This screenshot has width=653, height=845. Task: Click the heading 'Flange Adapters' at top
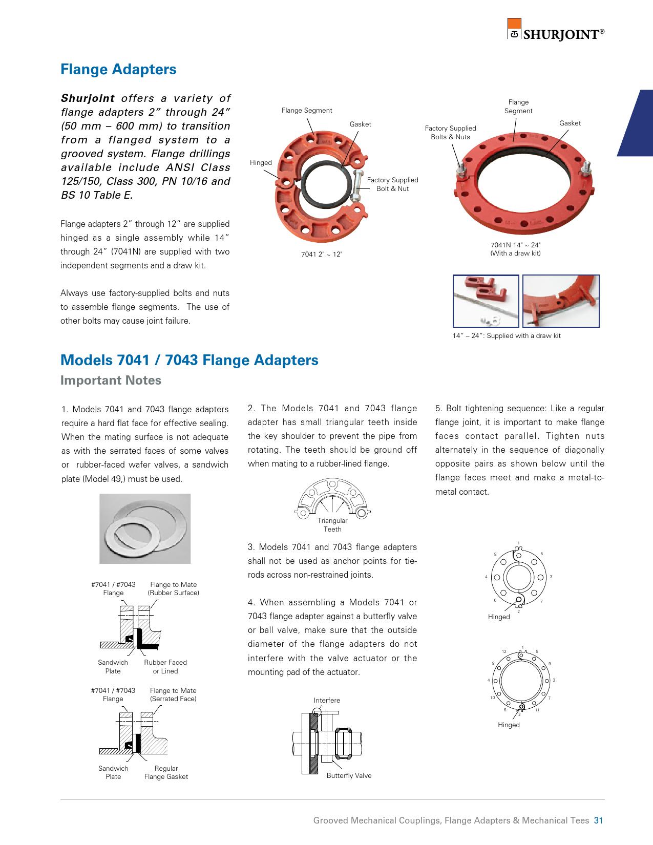click(118, 70)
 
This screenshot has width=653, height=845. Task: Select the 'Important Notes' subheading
click(111, 381)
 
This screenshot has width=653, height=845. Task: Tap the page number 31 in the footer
click(598, 820)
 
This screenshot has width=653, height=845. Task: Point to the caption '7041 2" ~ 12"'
click(321, 254)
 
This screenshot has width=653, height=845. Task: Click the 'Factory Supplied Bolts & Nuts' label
click(450, 133)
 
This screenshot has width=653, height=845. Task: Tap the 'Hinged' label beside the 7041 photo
click(261, 163)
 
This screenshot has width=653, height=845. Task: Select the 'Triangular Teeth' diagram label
click(332, 525)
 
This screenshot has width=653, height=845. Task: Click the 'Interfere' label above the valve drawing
click(327, 700)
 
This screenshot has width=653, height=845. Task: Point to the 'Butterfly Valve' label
click(349, 775)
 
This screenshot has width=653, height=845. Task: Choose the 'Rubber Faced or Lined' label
click(165, 667)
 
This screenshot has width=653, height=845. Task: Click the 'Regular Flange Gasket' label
click(166, 772)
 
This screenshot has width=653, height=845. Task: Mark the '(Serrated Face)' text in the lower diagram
click(173, 699)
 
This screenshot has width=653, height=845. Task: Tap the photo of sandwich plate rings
click(145, 529)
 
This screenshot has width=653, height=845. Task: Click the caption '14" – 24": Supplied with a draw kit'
click(507, 336)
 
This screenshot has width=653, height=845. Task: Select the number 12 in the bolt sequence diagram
click(504, 651)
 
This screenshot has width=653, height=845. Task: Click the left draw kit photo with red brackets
click(486, 301)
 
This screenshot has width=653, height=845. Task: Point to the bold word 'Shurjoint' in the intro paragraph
click(88, 98)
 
